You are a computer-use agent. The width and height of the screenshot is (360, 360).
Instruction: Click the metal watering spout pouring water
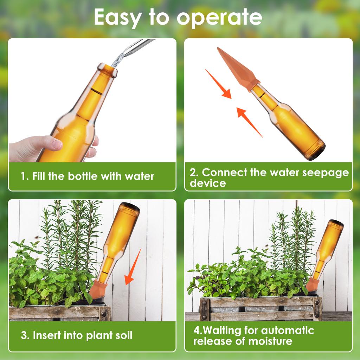point(137,48)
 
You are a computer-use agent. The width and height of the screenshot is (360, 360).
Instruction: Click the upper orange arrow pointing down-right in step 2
point(218,84)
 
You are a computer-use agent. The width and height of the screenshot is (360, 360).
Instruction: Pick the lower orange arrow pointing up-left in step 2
point(249,122)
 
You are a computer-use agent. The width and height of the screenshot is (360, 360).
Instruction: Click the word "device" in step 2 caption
point(208,183)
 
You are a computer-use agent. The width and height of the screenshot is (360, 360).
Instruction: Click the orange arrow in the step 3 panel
point(134,267)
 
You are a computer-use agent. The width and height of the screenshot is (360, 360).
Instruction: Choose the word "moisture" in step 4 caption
point(270,341)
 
